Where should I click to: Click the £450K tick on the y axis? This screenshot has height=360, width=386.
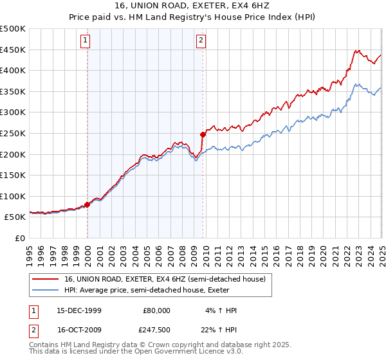[x=13, y=50]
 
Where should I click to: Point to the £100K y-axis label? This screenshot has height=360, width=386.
[x=13, y=196]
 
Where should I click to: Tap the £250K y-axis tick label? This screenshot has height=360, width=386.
[x=13, y=133]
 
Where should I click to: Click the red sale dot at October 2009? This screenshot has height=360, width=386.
[x=203, y=134]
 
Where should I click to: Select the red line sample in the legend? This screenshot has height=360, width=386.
[x=46, y=278]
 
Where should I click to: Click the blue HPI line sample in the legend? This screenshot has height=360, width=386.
[x=46, y=290]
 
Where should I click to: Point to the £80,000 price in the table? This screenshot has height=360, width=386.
[x=156, y=310]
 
